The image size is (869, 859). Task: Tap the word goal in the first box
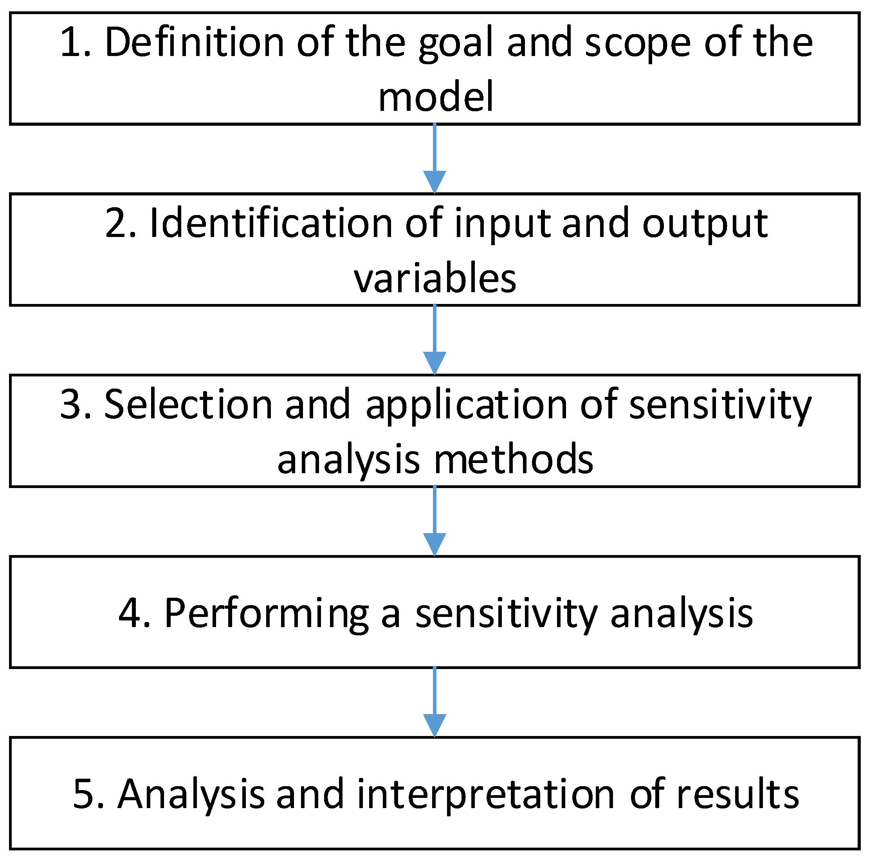pos(456,45)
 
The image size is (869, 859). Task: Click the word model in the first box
pos(435,97)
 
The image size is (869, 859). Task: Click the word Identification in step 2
pos(271,223)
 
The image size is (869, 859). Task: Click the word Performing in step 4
pos(266,615)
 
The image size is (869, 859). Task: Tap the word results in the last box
pos(737,794)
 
